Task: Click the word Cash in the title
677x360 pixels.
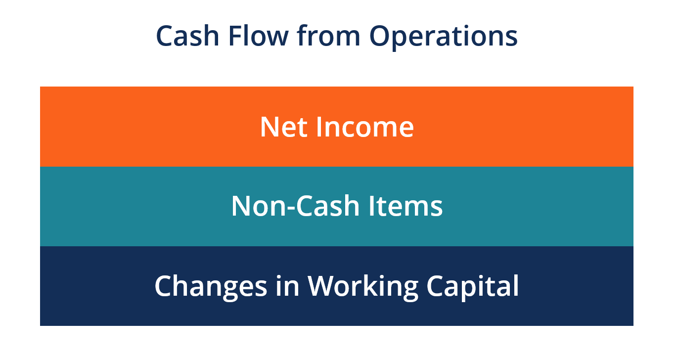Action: point(187,36)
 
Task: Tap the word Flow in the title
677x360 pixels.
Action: point(259,36)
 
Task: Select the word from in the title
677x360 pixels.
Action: point(328,36)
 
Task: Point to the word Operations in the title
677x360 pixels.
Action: point(444,38)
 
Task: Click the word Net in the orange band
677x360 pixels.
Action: point(284,127)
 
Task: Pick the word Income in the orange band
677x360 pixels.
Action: point(365,127)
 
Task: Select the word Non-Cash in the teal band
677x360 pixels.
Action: point(295,206)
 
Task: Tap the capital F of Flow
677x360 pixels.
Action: point(237,36)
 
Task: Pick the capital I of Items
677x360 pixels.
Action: point(371,206)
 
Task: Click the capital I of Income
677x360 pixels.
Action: point(319,127)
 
